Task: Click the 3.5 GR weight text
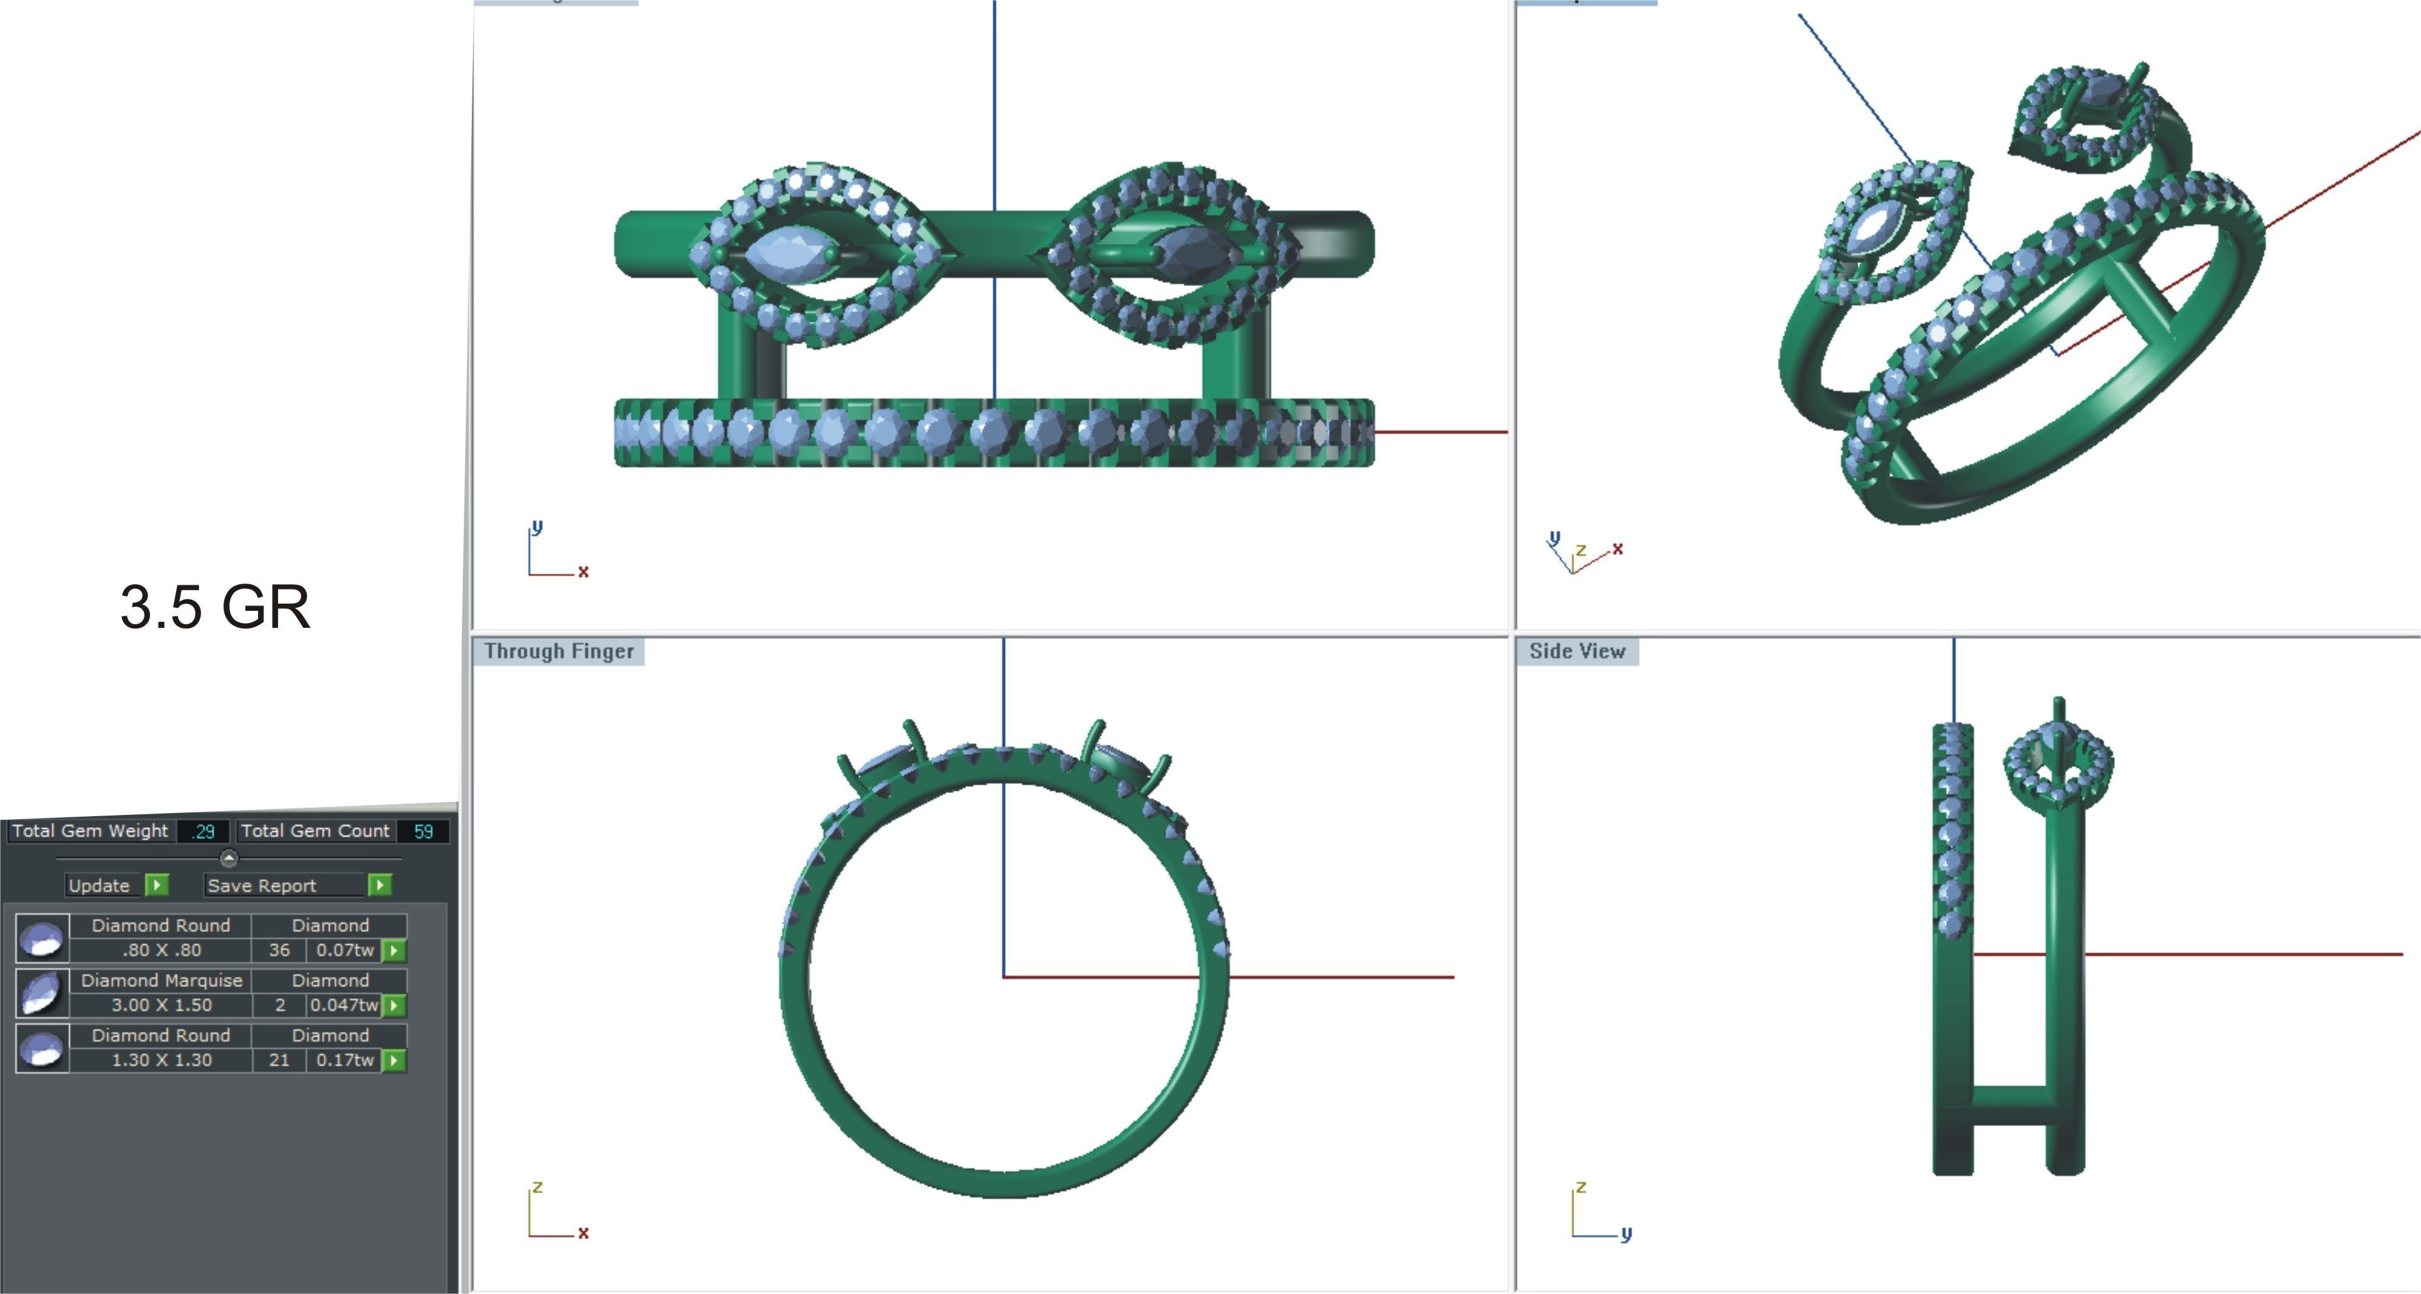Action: click(x=215, y=607)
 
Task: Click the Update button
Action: click(x=100, y=885)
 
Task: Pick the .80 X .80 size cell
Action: click(x=161, y=950)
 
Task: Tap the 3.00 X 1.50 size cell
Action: click(x=161, y=1004)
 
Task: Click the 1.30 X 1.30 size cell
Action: click(x=161, y=1060)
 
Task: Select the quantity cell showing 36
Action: click(x=279, y=950)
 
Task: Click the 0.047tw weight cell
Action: click(x=343, y=1004)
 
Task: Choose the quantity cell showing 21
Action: click(x=279, y=1060)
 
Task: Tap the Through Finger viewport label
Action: click(x=559, y=651)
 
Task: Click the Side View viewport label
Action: click(x=1577, y=651)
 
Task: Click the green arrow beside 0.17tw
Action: click(x=395, y=1060)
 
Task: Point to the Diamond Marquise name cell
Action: click(x=161, y=980)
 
